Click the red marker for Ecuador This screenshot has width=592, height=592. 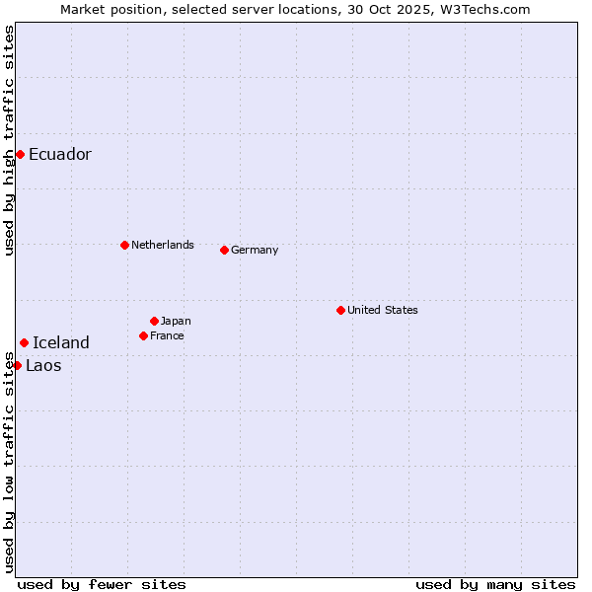click(20, 154)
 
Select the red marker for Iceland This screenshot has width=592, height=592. click(24, 342)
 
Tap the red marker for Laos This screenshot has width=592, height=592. click(17, 365)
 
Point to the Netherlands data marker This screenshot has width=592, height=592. click(124, 245)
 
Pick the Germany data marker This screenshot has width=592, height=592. click(224, 250)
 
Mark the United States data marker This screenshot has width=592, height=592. click(340, 310)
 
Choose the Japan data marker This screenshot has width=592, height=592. click(154, 321)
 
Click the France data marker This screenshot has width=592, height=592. click(143, 335)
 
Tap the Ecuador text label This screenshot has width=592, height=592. click(60, 154)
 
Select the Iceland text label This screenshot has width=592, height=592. click(61, 342)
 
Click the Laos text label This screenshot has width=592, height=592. click(43, 365)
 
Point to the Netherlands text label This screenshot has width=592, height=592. click(163, 245)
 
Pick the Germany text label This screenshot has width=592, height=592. click(255, 250)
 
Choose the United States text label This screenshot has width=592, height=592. click(383, 310)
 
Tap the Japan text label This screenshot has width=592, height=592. click(176, 321)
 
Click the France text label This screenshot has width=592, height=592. click(167, 335)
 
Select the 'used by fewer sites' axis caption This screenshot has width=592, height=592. click(102, 584)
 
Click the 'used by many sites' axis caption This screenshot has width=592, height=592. click(495, 584)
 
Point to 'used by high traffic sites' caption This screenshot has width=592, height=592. click(9, 140)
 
